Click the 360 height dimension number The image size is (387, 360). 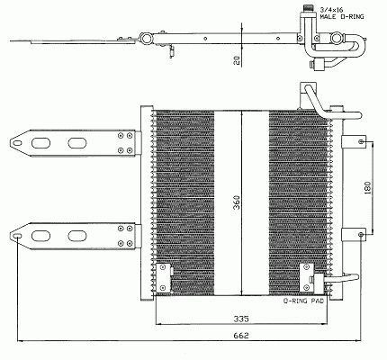pos(237,202)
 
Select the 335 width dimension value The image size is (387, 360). pos(241,319)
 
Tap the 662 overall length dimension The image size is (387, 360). pos(241,335)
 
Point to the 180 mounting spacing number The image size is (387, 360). pos(368,187)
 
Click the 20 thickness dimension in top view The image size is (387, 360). pos(237,60)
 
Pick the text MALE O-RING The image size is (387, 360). pos(342,17)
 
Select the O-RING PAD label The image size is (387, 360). pos(304,301)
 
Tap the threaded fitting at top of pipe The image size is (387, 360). pos(309,8)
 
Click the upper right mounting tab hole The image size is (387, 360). pos(362,141)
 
